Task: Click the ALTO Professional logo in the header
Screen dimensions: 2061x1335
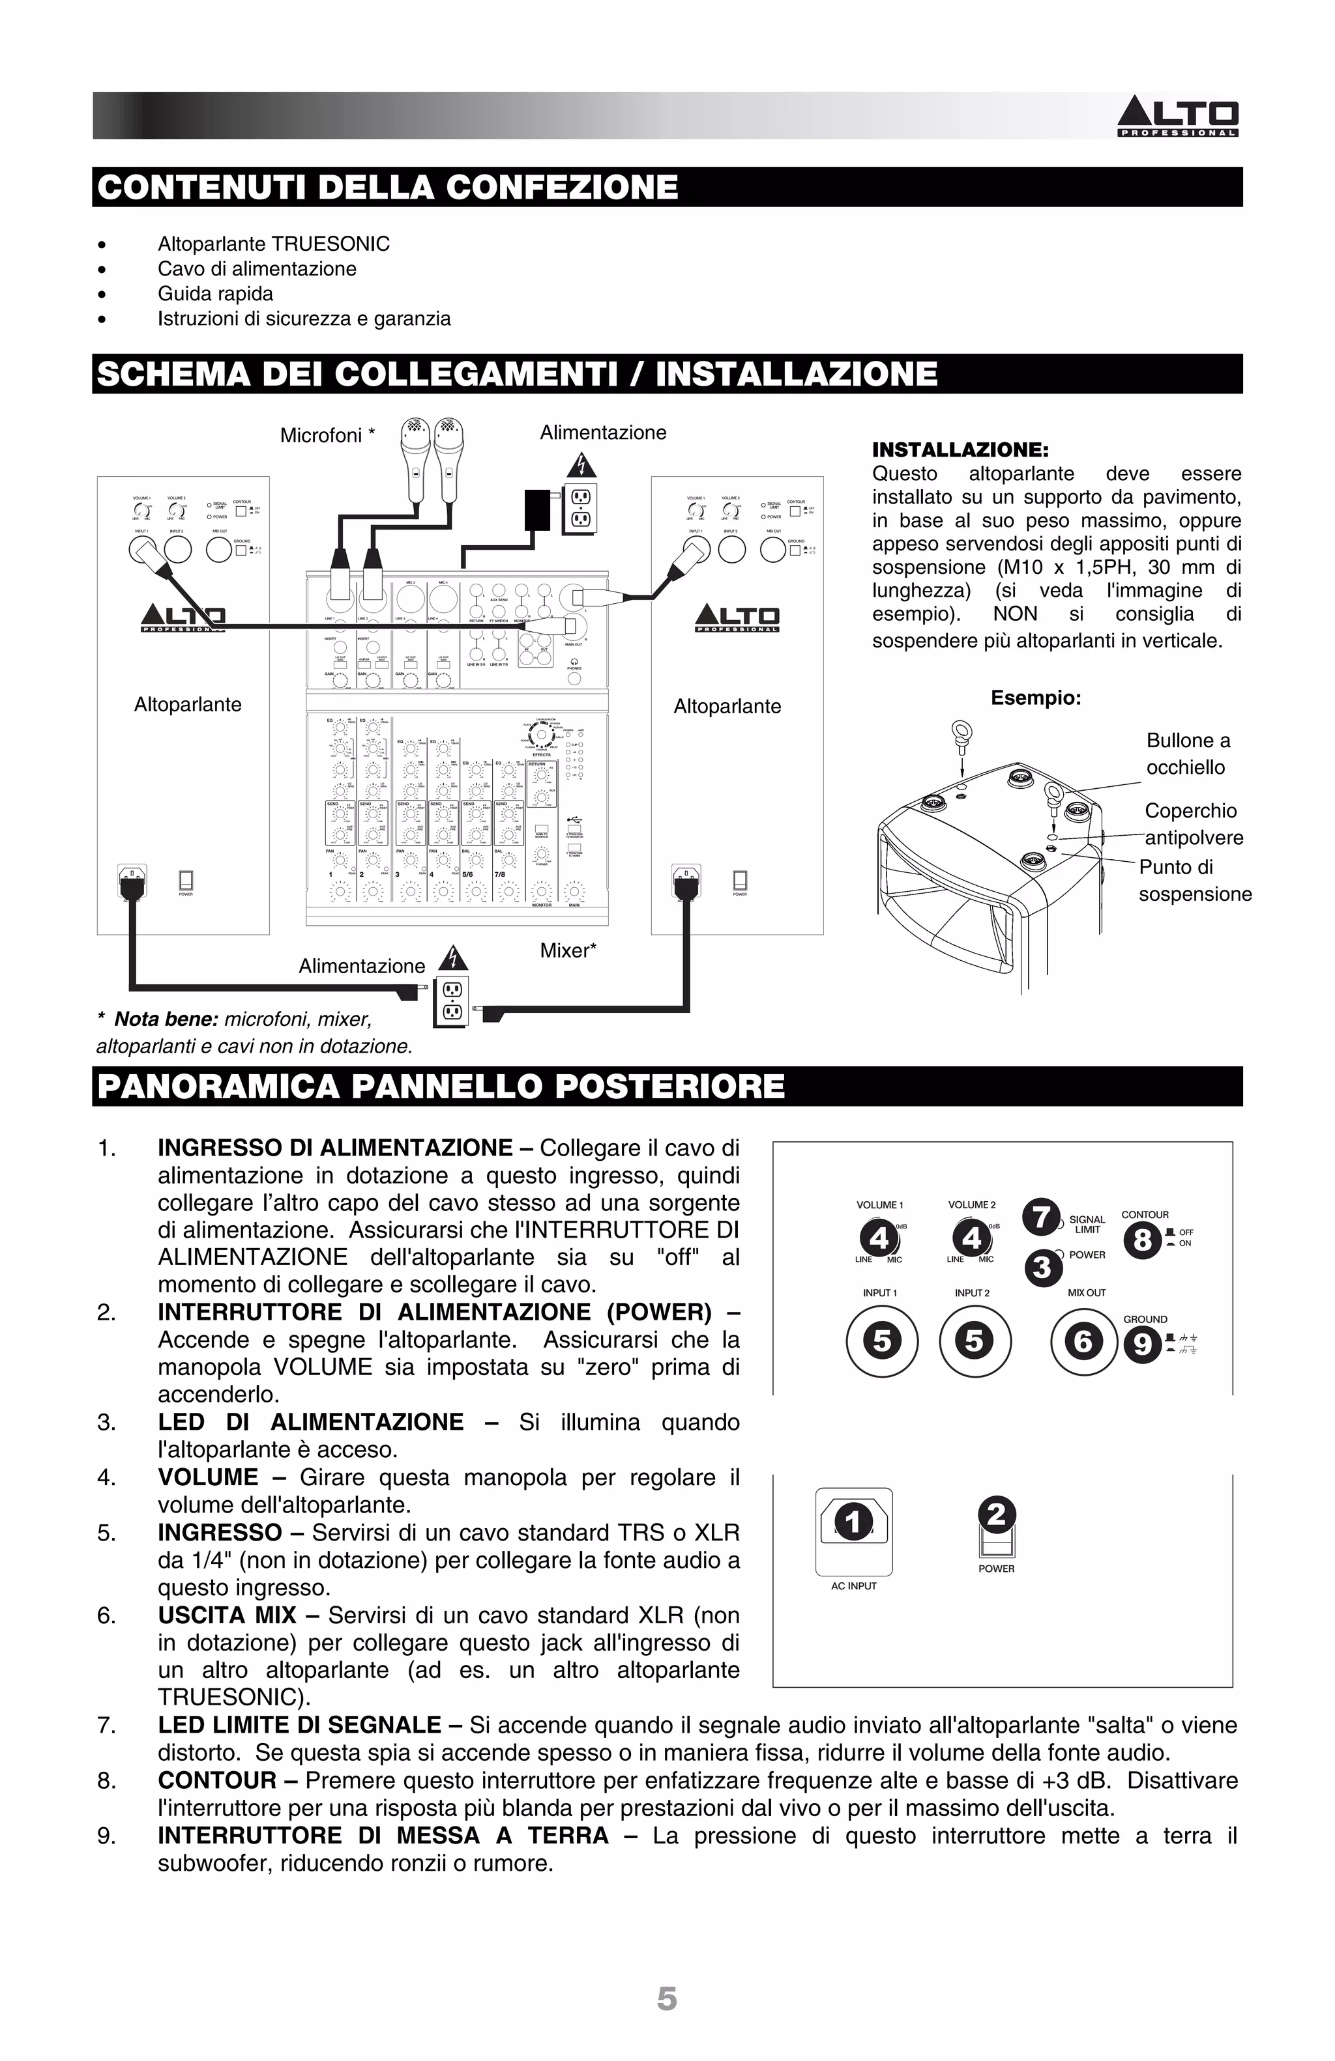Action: tap(1177, 117)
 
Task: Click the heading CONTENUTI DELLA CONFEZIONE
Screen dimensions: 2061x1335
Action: tap(387, 187)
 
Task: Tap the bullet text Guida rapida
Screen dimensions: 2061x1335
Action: tap(215, 294)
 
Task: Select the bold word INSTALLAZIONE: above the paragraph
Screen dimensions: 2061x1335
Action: tap(960, 449)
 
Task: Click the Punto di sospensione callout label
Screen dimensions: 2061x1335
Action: tap(1194, 880)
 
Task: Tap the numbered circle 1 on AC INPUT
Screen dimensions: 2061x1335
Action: tap(853, 1522)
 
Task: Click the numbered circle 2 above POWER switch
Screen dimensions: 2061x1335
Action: tap(996, 1514)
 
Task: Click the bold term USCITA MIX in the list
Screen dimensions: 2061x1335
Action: tap(226, 1615)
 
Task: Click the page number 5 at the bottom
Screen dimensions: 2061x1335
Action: tap(666, 1998)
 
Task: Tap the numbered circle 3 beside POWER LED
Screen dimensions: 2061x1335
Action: tap(1042, 1268)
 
